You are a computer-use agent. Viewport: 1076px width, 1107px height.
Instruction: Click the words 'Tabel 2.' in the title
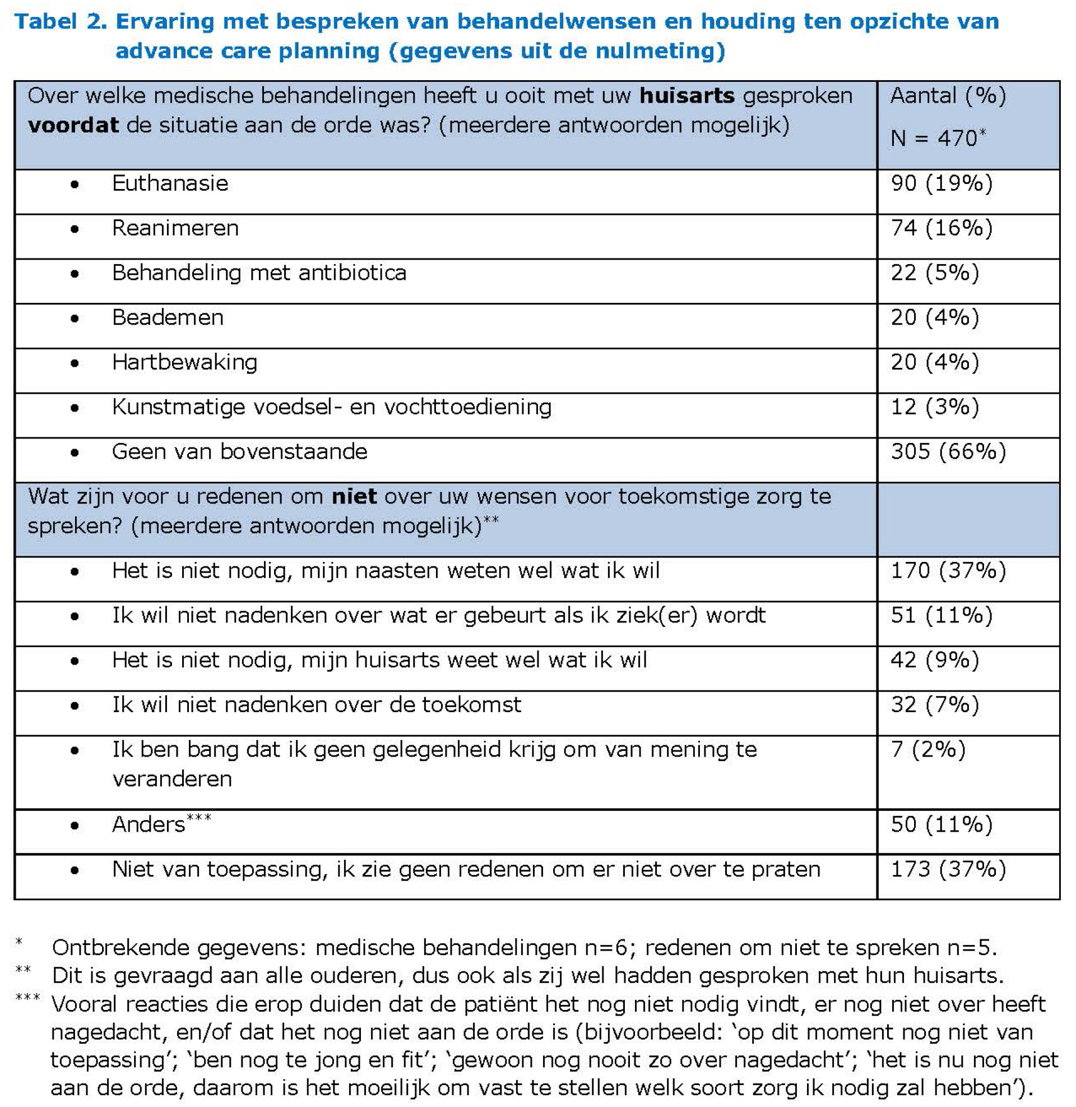[x=59, y=21]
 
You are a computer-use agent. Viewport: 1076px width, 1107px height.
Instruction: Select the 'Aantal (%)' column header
[x=948, y=95]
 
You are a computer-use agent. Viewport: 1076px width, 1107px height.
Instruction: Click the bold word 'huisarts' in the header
[x=687, y=95]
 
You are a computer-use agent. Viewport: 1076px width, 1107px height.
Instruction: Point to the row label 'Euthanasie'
[x=170, y=183]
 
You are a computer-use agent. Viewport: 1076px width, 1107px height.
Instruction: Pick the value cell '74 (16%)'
[x=941, y=228]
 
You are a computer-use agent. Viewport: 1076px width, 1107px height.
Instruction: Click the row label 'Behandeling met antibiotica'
[x=259, y=273]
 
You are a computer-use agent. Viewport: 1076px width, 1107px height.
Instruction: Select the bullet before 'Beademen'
[x=75, y=319]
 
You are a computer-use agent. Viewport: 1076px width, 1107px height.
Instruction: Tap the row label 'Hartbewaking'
[x=184, y=362]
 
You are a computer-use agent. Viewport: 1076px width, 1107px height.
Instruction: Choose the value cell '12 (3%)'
[x=935, y=407]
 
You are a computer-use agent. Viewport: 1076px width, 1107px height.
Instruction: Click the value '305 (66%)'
[x=948, y=451]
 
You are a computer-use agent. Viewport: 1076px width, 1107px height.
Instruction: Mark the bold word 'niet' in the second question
[x=354, y=496]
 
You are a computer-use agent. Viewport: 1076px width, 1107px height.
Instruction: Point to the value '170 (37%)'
[x=948, y=570]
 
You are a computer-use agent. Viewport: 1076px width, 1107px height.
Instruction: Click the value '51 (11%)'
[x=941, y=615]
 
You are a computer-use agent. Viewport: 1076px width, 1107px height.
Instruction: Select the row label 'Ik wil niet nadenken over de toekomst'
[x=317, y=704]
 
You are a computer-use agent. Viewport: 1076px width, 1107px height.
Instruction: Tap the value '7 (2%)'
[x=928, y=749]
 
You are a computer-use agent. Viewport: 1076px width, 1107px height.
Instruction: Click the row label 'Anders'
[x=149, y=825]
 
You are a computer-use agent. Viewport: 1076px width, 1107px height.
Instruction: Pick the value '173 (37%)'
[x=948, y=869]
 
